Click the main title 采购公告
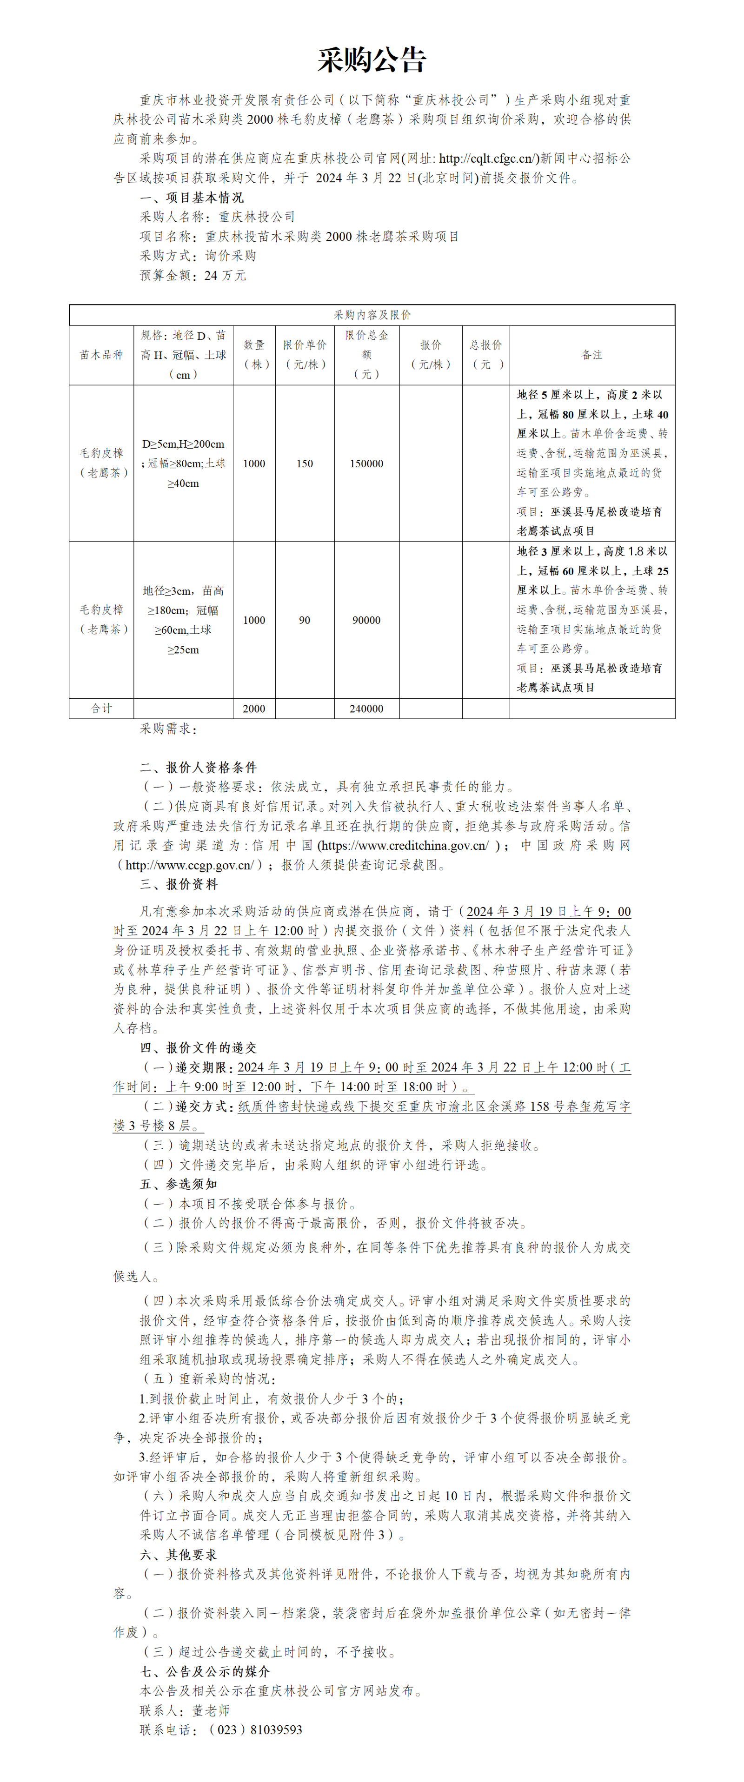click(372, 61)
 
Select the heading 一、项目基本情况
click(192, 198)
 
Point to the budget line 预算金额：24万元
click(193, 275)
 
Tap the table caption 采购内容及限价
click(372, 315)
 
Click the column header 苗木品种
click(101, 355)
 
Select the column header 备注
click(592, 355)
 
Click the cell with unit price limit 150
click(305, 464)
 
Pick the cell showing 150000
click(366, 464)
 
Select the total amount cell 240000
click(366, 709)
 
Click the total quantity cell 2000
click(254, 709)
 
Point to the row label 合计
click(101, 709)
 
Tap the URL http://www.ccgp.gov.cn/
click(189, 865)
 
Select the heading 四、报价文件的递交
click(199, 1048)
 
